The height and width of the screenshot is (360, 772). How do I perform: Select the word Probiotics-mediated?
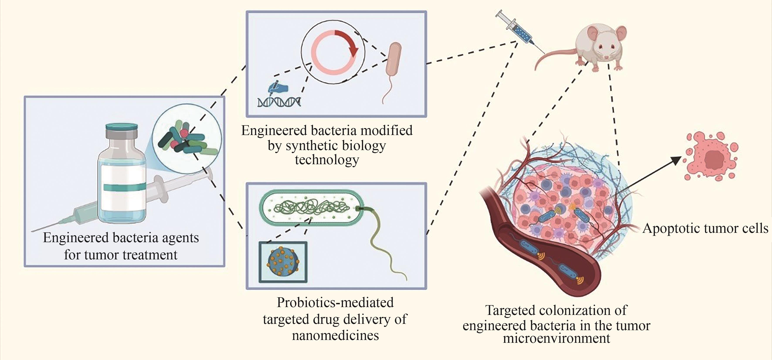tap(335, 303)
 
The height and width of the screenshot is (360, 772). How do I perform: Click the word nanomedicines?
tap(335, 335)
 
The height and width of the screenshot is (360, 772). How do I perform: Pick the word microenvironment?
tap(556, 338)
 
